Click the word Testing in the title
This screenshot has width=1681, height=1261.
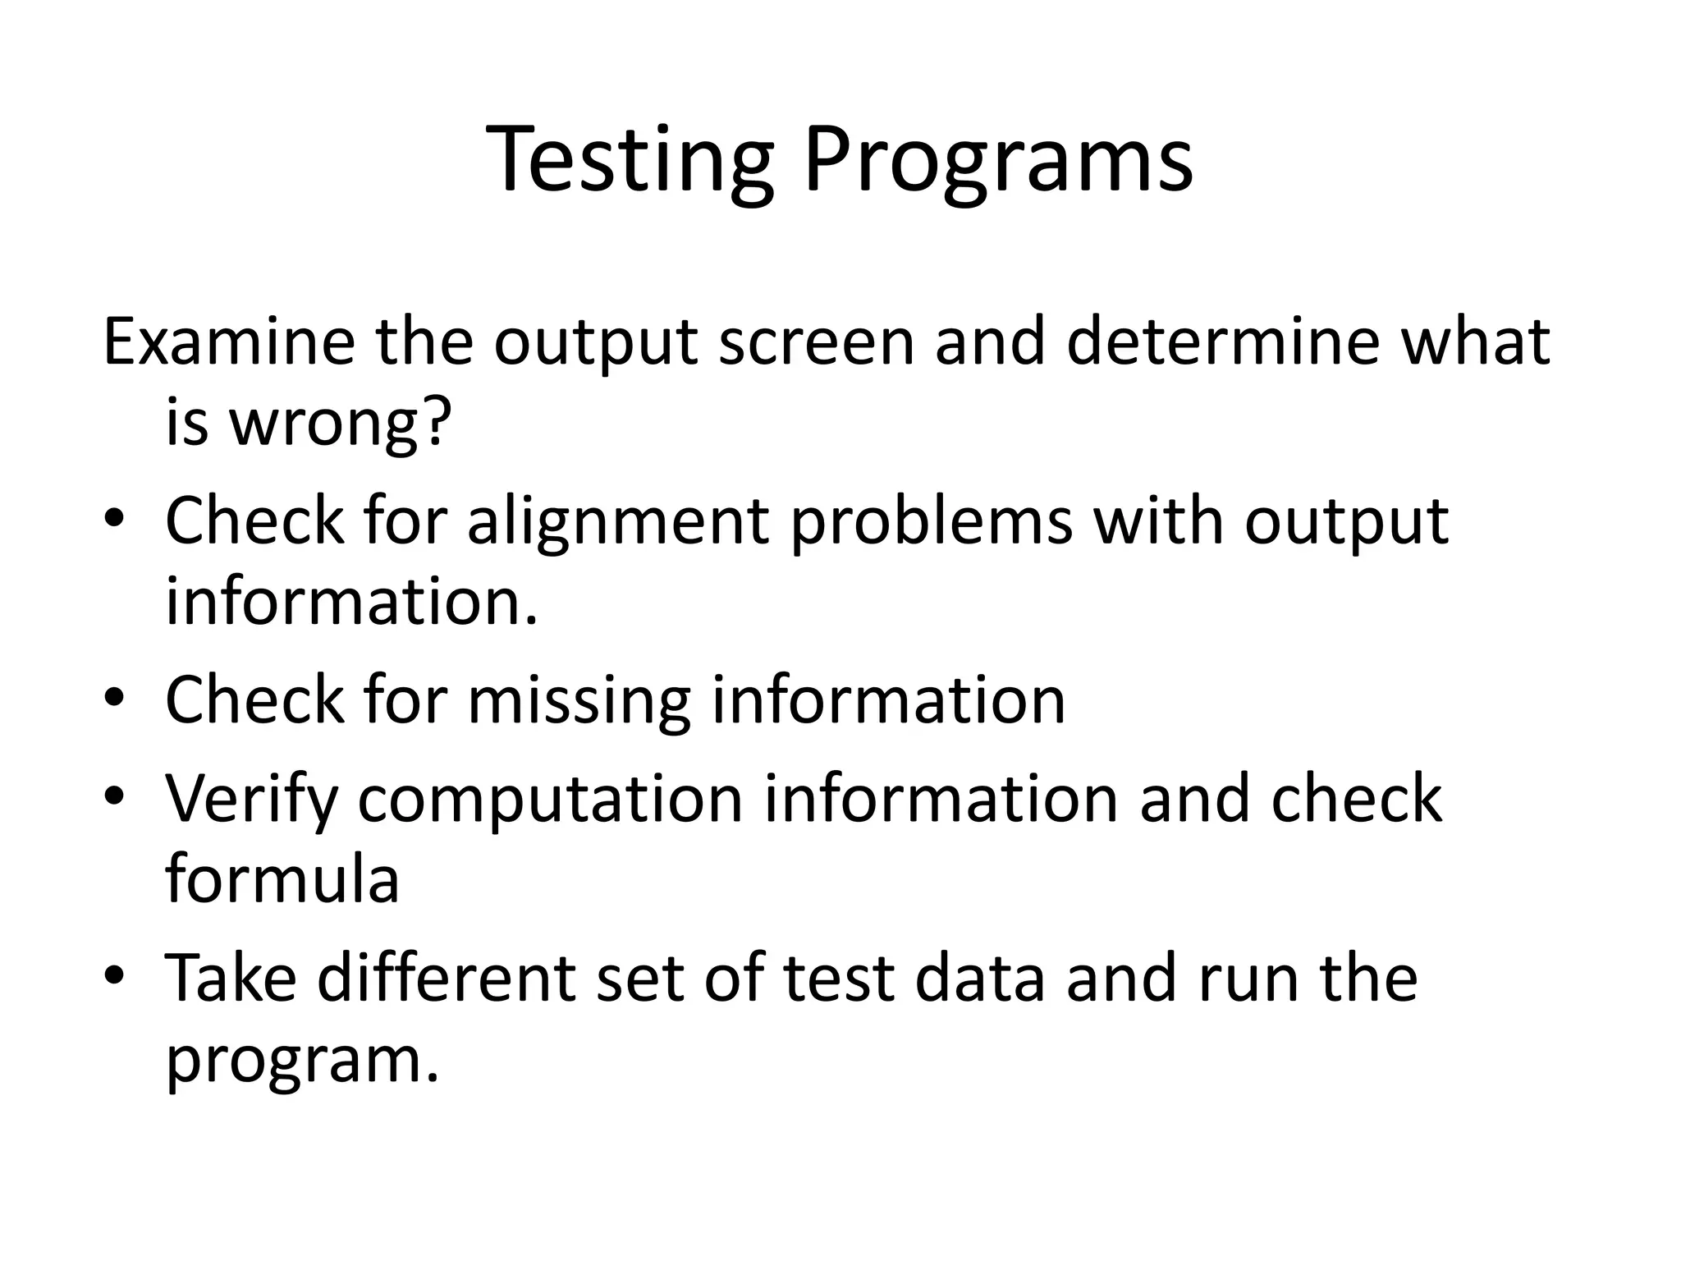(x=630, y=161)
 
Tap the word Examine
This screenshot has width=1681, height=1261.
(x=229, y=342)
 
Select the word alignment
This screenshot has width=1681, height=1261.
(x=618, y=522)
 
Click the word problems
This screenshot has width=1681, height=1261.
(x=932, y=520)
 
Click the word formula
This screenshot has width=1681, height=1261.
(x=282, y=879)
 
